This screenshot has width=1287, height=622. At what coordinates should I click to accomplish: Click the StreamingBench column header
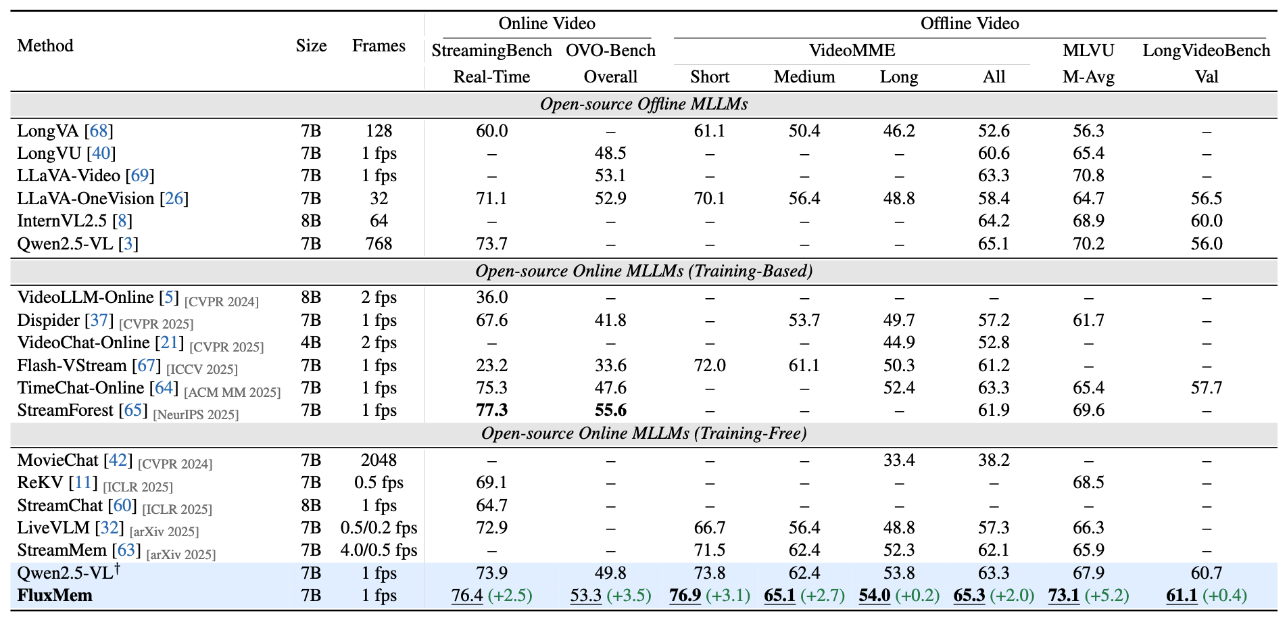491,51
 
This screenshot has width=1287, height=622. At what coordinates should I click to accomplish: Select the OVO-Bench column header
610,51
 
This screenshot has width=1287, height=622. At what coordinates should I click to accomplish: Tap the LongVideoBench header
1206,51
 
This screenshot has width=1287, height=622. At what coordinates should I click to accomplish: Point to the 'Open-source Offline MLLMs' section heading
643,104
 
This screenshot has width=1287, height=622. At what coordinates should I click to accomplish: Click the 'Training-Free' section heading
643,433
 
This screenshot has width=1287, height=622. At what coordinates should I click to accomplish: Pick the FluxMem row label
55,596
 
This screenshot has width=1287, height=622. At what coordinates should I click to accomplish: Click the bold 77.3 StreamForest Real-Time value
491,410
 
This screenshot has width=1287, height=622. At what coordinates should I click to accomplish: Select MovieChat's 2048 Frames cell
379,460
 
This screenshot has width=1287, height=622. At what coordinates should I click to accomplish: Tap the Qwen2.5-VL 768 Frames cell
379,243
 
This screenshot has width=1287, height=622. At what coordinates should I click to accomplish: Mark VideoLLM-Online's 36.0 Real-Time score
491,297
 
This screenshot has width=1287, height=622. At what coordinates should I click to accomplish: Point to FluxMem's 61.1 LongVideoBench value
1182,596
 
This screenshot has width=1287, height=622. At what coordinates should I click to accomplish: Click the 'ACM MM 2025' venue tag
232,392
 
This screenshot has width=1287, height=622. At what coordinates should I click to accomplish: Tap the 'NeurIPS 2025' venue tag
196,414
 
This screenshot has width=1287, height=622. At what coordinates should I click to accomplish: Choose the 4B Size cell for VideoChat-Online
311,343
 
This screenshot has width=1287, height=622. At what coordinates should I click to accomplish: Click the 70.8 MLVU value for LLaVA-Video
1088,176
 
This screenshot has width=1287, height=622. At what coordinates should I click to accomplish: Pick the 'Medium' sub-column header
804,77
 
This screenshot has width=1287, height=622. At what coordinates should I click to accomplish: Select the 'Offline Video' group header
969,24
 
